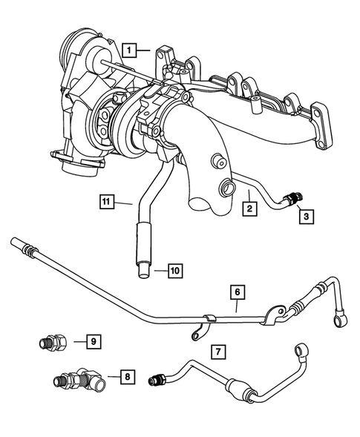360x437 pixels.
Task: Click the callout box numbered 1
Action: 128,50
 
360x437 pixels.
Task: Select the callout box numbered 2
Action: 250,210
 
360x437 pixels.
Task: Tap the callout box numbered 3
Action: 305,217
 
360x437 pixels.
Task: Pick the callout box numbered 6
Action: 237,294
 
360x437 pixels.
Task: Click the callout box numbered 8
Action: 128,377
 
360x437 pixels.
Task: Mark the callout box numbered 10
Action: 174,271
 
